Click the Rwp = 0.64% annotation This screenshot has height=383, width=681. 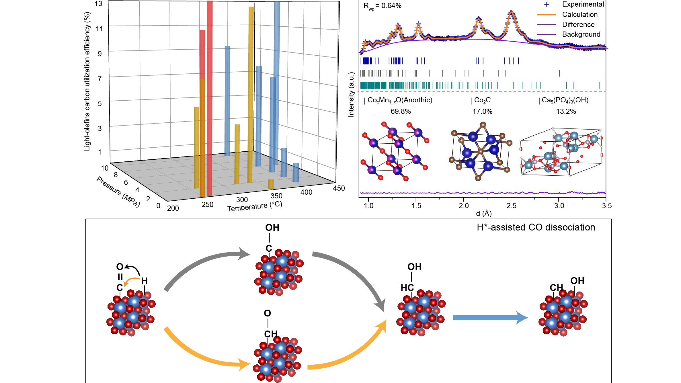(383, 6)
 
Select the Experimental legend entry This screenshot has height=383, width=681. (583, 4)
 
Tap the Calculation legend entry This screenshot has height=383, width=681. (580, 15)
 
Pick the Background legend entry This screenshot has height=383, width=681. (581, 34)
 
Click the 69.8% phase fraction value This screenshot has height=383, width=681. (401, 112)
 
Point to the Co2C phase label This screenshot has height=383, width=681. (482, 100)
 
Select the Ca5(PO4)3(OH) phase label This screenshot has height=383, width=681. (565, 100)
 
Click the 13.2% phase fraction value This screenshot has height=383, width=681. (566, 112)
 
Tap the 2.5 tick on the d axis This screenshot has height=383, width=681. (511, 206)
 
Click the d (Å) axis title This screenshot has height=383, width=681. (484, 213)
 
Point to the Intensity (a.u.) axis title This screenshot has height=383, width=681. (351, 95)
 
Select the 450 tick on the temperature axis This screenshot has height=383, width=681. (339, 188)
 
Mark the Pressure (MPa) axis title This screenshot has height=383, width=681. (118, 191)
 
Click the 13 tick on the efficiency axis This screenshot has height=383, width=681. (99, 4)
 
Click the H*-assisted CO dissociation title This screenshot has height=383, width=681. (536, 227)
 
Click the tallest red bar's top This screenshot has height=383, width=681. (210, 2)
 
